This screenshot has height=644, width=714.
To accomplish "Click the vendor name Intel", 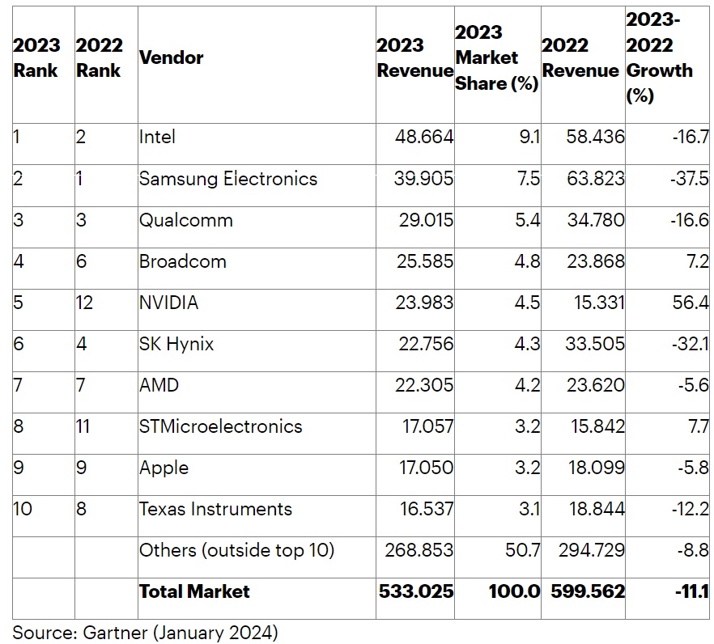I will pyautogui.click(x=157, y=137).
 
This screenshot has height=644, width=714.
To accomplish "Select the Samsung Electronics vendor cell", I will pyautogui.click(x=227, y=179).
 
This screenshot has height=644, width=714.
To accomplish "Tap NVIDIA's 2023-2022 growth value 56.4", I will pyautogui.click(x=691, y=303).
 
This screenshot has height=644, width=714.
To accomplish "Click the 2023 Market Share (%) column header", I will pyautogui.click(x=496, y=58).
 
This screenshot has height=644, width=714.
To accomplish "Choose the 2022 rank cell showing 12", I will pyautogui.click(x=85, y=303).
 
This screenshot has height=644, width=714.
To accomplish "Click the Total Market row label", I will pyautogui.click(x=194, y=591).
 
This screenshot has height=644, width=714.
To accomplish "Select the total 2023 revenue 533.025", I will pyautogui.click(x=416, y=591).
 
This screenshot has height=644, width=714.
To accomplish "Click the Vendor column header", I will pyautogui.click(x=172, y=57).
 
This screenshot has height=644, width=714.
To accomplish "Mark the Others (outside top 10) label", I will pyautogui.click(x=236, y=550).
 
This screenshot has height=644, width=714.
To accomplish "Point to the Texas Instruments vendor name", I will pyautogui.click(x=215, y=509).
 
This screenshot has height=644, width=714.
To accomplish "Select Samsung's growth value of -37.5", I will pyautogui.click(x=690, y=179).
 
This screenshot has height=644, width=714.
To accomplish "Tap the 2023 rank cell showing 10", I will pyautogui.click(x=23, y=509).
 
